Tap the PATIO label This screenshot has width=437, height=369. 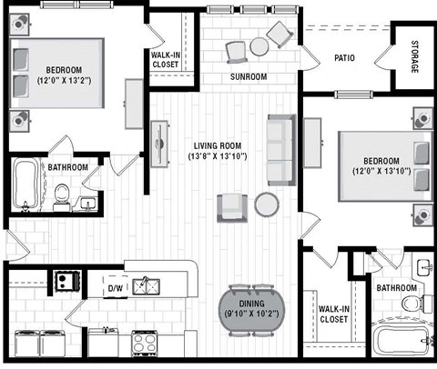pos(343,59)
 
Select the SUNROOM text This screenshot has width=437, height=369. pos(249,77)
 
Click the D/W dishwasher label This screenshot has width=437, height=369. pos(116,289)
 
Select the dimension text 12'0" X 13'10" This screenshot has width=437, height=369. pos(383,171)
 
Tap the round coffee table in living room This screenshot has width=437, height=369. pos(266,204)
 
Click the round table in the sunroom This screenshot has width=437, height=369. pos(259,45)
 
